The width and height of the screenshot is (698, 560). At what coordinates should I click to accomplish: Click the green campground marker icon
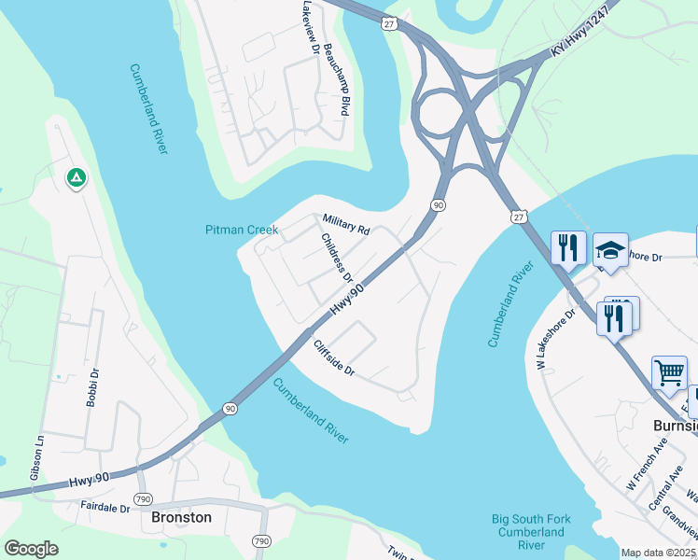(x=76, y=177)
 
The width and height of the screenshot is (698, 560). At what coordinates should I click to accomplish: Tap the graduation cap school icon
(x=610, y=250)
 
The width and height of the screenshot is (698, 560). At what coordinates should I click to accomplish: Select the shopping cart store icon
(x=669, y=373)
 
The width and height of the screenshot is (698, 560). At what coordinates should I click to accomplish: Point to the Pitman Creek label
(x=242, y=230)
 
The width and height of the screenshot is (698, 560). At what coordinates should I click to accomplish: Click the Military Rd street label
(x=346, y=224)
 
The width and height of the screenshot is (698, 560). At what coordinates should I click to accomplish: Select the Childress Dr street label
(x=337, y=258)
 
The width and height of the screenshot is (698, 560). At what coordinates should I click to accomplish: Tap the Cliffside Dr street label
(x=334, y=357)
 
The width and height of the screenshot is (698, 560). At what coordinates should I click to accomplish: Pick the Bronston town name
(x=181, y=517)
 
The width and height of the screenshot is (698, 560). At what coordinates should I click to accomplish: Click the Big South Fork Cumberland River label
(x=528, y=531)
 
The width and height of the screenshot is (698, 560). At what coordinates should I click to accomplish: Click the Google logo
(x=32, y=548)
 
